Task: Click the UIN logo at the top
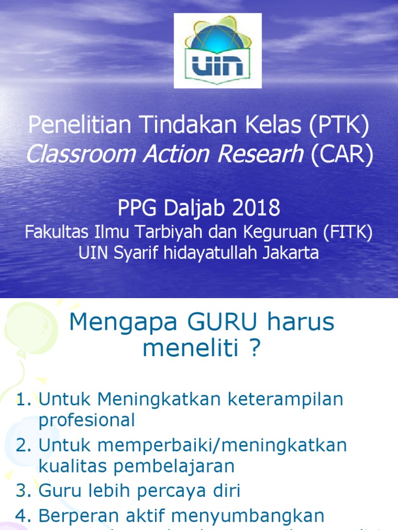[x=218, y=51]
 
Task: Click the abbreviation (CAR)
[x=342, y=155]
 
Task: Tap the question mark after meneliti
[x=253, y=349]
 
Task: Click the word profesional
[x=87, y=420]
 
